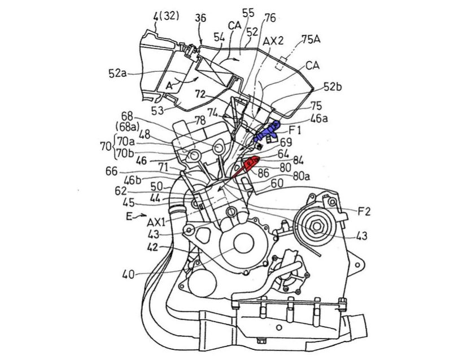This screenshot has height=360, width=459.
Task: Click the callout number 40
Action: click(x=129, y=276)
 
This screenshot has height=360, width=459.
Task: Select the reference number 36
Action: click(x=200, y=19)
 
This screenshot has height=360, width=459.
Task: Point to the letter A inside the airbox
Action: click(x=169, y=85)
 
